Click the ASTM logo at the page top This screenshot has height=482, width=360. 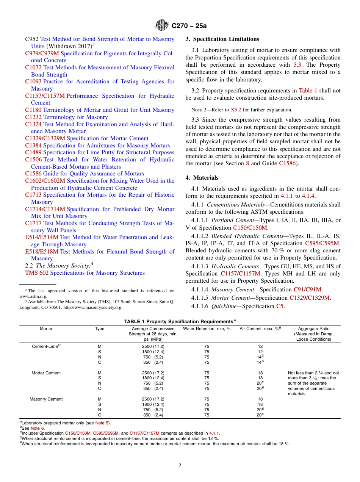click(x=162, y=25)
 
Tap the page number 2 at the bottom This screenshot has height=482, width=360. click(x=180, y=465)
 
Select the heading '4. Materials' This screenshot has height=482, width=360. click(x=202, y=178)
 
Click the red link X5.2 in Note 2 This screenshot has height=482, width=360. click(x=236, y=110)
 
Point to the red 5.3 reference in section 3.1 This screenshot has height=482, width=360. click(x=297, y=65)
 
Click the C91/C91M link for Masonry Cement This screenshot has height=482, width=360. click(x=308, y=290)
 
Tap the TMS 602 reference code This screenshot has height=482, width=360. click(x=37, y=273)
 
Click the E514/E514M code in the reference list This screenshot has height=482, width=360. click(x=42, y=237)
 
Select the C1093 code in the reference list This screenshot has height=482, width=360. click(x=33, y=81)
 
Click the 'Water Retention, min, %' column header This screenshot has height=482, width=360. click(x=207, y=329)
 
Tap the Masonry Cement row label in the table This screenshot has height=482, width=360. click(x=46, y=399)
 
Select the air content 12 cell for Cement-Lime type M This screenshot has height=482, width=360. click(x=260, y=346)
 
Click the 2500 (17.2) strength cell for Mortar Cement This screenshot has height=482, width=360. click(x=153, y=373)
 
